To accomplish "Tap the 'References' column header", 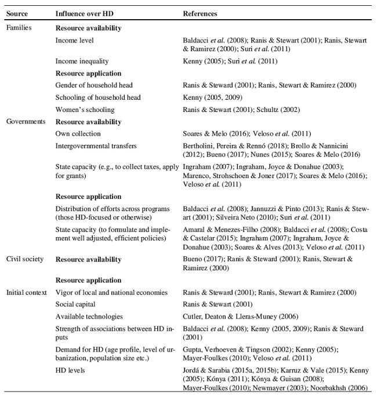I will (200, 13).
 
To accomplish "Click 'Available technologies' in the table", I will (89, 316).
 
